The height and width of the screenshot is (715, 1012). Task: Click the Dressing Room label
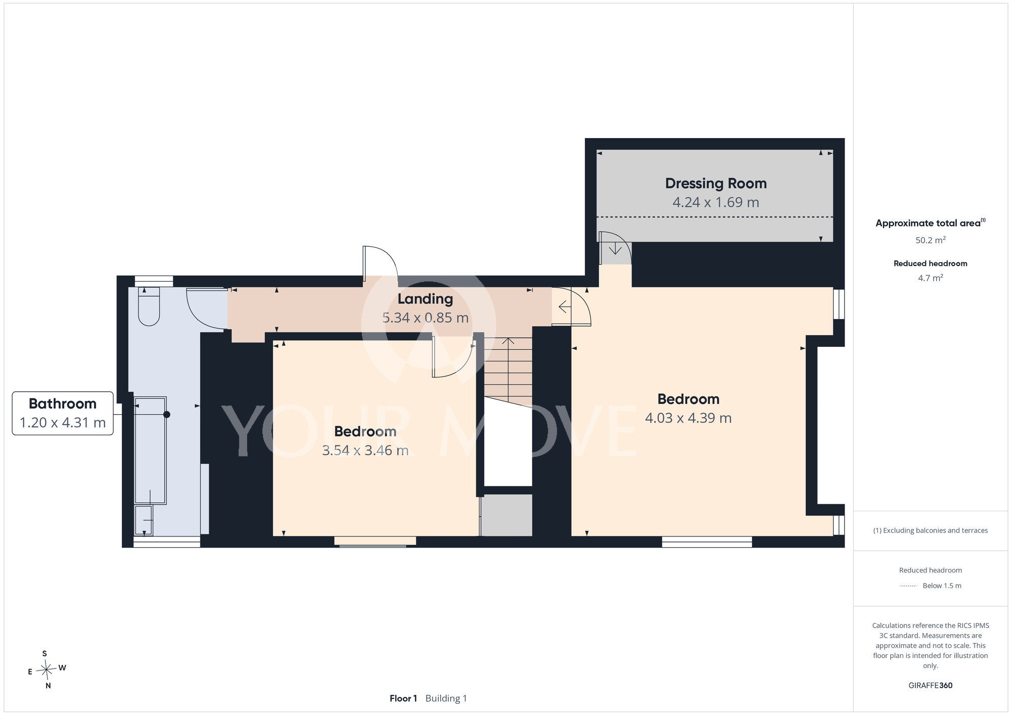pos(715,184)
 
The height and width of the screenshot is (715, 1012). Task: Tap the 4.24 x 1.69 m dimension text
pos(715,202)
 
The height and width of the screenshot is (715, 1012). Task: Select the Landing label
pos(425,299)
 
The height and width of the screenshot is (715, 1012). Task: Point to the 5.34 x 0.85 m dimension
pos(425,318)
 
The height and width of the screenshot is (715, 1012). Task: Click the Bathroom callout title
pos(63,404)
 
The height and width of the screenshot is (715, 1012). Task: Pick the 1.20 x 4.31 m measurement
pos(63,422)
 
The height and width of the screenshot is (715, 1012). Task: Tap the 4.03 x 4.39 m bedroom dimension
pos(688,418)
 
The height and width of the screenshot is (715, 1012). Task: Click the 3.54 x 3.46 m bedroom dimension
pos(365,450)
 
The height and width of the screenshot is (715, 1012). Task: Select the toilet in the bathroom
pos(149,306)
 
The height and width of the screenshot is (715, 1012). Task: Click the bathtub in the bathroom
pos(150,451)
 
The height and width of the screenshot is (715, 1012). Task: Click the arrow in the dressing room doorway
pos(615,248)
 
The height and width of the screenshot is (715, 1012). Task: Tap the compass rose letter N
pos(48,686)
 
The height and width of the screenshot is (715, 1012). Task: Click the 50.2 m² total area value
pos(931,240)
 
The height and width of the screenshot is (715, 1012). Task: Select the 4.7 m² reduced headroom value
pos(931,278)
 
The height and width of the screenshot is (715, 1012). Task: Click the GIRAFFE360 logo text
pos(931,686)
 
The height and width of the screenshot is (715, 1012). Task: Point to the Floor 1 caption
pos(403,698)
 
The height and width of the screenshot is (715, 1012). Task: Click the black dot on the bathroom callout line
pos(166,415)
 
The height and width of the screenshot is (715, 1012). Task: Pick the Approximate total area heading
pos(931,223)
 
